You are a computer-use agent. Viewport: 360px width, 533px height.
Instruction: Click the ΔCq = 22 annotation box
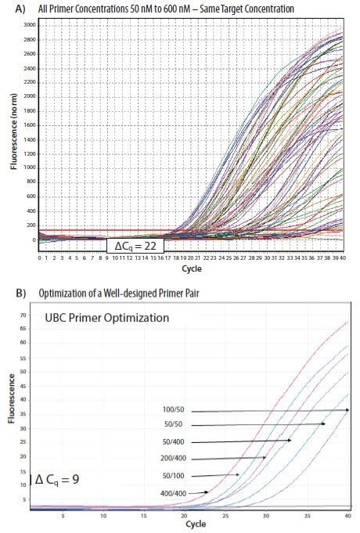point(134,246)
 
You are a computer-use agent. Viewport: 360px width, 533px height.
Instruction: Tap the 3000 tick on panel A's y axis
point(29,26)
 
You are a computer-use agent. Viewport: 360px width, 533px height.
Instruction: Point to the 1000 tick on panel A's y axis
point(29,168)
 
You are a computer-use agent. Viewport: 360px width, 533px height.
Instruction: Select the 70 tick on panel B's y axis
point(24,315)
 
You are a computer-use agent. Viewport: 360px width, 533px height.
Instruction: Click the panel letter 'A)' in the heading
point(18,9)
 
